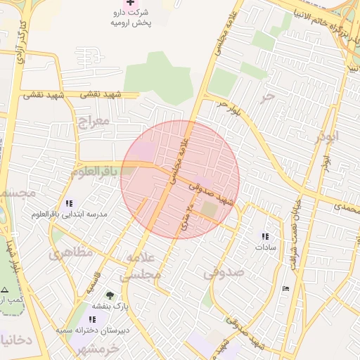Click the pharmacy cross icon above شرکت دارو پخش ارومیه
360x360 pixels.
128,3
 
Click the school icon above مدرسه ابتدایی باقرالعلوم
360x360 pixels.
68,202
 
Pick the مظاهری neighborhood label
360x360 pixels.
70,252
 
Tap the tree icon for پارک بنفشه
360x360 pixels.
109,295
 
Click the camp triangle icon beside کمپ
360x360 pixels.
4,289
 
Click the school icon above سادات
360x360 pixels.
265,237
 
